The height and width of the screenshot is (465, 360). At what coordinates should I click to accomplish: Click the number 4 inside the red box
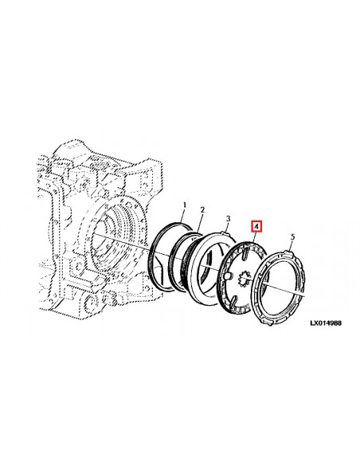pyautogui.click(x=256, y=227)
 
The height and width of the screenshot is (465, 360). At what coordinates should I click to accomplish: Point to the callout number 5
pyautogui.click(x=292, y=237)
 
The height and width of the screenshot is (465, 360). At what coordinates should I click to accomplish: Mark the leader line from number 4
pyautogui.click(x=254, y=238)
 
